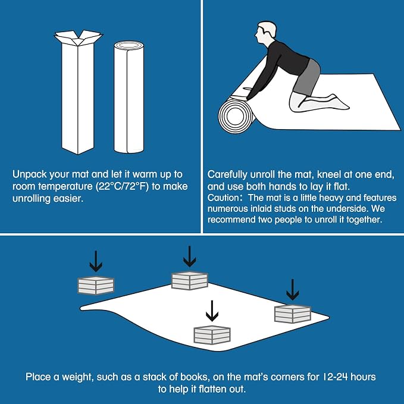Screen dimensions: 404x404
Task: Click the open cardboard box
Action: pos(78,93)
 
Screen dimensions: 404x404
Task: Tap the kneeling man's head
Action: pos(266,33)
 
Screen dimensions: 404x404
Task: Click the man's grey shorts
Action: pos(307,77)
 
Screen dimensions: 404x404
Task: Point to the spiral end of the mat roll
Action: pos(235,115)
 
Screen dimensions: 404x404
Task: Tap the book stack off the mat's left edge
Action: pos(96,286)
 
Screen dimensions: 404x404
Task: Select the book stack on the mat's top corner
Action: pos(190,280)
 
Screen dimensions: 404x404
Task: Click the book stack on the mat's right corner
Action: pos(293,314)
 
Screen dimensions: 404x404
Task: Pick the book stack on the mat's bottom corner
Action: pos(212,335)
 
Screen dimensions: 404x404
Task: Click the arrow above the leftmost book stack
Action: pos(96,261)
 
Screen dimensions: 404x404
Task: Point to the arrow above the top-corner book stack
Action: pos(190,256)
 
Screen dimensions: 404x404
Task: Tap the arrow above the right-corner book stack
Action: pos(292,289)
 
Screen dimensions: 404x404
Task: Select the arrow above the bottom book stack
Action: pos(212,311)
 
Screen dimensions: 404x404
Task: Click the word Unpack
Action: pos(30,175)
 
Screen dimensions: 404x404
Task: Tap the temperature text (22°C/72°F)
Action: pos(123,187)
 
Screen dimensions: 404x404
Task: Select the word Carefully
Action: pos(227,175)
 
